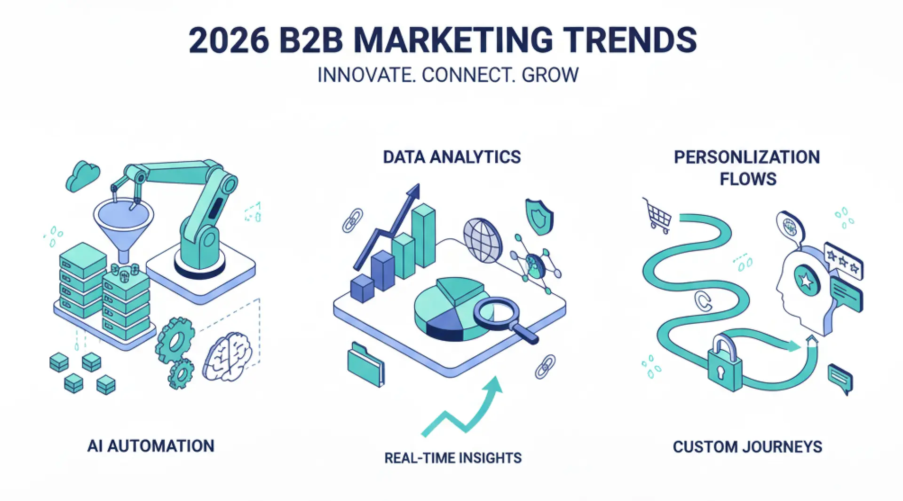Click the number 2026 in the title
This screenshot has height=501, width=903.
click(x=229, y=40)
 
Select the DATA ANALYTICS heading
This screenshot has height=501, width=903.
click(x=452, y=157)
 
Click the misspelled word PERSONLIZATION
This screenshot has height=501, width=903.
click(x=747, y=157)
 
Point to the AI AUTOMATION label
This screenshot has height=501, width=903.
click(x=151, y=446)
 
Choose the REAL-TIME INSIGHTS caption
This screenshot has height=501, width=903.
click(x=453, y=458)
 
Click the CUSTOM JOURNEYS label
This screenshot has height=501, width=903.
click(x=747, y=446)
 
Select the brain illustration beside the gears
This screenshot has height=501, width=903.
click(x=227, y=356)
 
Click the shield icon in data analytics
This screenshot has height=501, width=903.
click(x=539, y=217)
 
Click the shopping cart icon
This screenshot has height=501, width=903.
click(x=657, y=215)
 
